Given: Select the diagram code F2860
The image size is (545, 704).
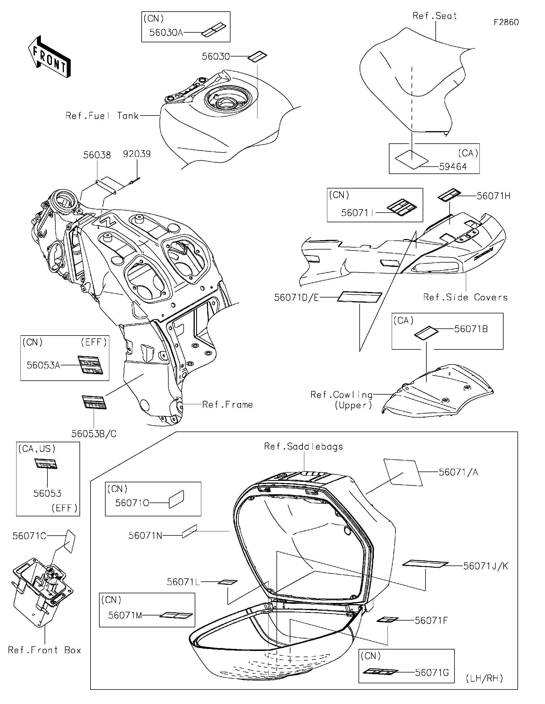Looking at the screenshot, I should [x=506, y=22].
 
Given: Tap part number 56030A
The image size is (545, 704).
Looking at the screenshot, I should [x=166, y=33].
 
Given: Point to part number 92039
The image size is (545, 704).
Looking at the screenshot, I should [x=137, y=154].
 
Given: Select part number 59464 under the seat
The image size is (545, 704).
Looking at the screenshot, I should [x=453, y=167].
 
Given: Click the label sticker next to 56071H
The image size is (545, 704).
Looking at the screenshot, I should [x=449, y=195].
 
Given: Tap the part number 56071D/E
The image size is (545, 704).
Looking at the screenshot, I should [x=296, y=297].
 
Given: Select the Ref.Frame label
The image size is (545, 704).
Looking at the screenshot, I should [x=228, y=405].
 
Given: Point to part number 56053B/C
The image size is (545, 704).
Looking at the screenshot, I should [x=94, y=433].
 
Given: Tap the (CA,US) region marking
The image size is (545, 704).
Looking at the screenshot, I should [x=37, y=449].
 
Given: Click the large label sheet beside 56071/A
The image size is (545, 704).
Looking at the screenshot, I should [x=403, y=472].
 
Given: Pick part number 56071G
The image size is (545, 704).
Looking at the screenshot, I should [x=431, y=672].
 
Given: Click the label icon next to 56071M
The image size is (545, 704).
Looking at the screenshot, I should [x=176, y=615].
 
